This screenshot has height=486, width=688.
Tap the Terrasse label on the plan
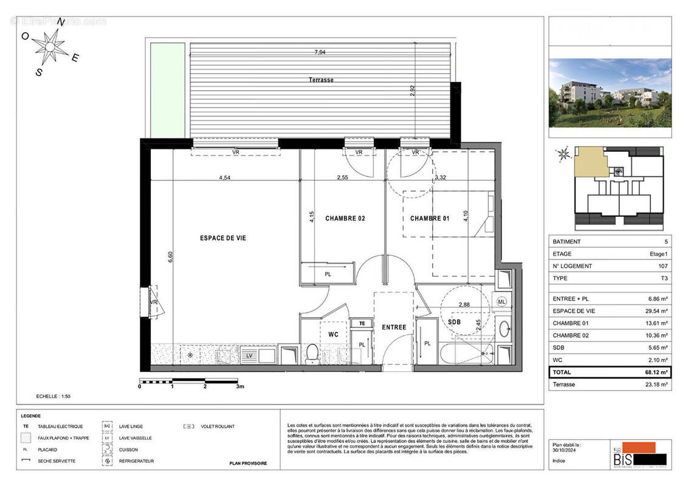(320, 80)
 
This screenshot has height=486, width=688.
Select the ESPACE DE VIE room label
(223, 238)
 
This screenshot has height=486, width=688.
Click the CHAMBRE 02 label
(345, 218)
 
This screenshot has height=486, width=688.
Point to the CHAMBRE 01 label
(430, 218)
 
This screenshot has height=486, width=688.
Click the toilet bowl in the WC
(312, 353)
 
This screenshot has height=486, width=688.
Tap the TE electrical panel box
(362, 324)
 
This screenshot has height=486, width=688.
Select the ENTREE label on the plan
(394, 327)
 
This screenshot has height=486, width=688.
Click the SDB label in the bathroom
(454, 321)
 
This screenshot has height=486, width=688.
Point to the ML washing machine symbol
(502, 301)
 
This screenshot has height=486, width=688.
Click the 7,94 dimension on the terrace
(320, 53)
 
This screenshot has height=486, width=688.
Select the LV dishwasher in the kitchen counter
(249, 354)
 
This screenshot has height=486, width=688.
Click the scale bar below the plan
(191, 381)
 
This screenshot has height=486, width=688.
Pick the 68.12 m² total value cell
(655, 372)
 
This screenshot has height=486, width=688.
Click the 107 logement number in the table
(662, 266)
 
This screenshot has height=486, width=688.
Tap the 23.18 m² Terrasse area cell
(655, 385)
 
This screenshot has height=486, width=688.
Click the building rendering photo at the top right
(610, 92)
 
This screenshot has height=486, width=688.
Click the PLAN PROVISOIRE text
(248, 464)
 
